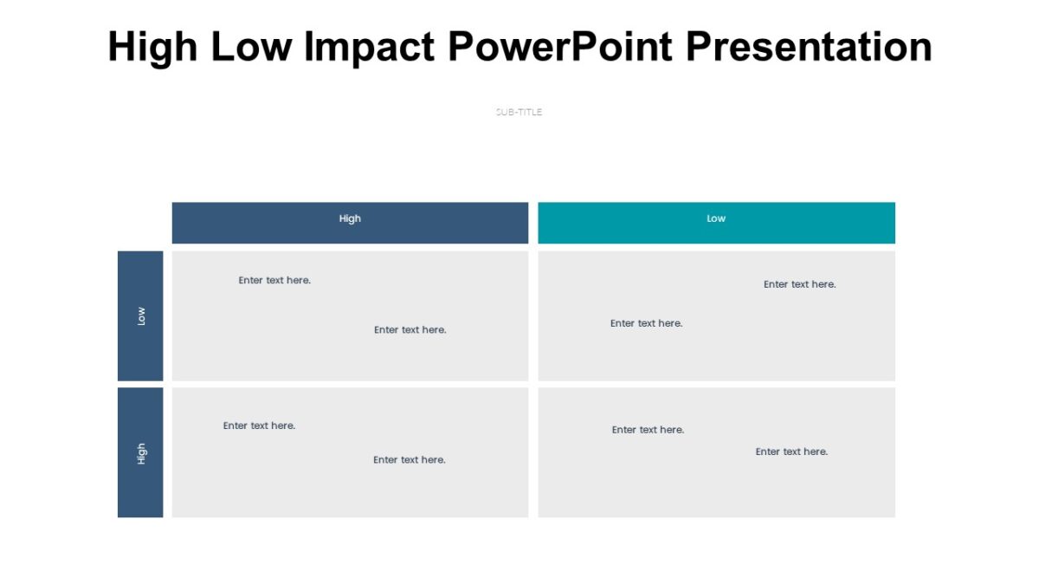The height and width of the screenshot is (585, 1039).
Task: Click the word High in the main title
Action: pos(152,47)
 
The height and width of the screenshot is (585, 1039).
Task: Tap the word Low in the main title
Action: pos(251,47)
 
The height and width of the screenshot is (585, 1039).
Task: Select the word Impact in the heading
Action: pos(369,47)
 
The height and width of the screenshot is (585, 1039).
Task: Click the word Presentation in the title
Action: pos(809,47)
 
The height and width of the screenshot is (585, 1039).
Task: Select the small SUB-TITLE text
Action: pos(519,112)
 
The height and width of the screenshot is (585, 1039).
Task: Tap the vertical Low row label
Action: pos(141,316)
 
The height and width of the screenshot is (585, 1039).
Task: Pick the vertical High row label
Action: pos(141,453)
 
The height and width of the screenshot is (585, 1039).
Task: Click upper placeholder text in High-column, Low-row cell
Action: pos(274,281)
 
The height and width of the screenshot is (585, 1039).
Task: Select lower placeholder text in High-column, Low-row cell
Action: pos(410,330)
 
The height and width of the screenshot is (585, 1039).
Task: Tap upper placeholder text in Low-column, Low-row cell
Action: pos(799,284)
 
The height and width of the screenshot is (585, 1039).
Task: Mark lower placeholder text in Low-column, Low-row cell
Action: pos(646,323)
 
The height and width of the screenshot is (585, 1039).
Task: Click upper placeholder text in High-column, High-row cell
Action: pos(259,426)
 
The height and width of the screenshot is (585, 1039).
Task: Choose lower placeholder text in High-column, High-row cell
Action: pos(409,460)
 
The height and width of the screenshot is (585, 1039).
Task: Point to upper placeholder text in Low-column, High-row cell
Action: pos(648,430)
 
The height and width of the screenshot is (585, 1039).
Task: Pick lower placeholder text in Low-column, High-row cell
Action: pos(791,452)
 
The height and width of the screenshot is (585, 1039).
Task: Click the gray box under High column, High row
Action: pos(350,490)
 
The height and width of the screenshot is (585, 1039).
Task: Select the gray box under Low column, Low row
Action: pos(716,355)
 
